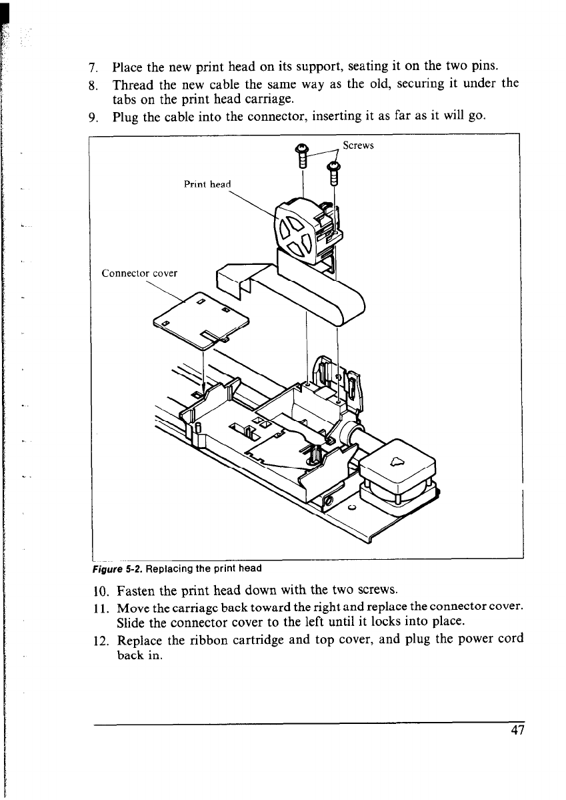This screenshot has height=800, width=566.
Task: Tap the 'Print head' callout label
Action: tap(207, 185)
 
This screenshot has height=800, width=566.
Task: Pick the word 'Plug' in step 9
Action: tap(125, 119)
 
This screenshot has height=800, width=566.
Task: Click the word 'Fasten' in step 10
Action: tap(137, 590)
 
